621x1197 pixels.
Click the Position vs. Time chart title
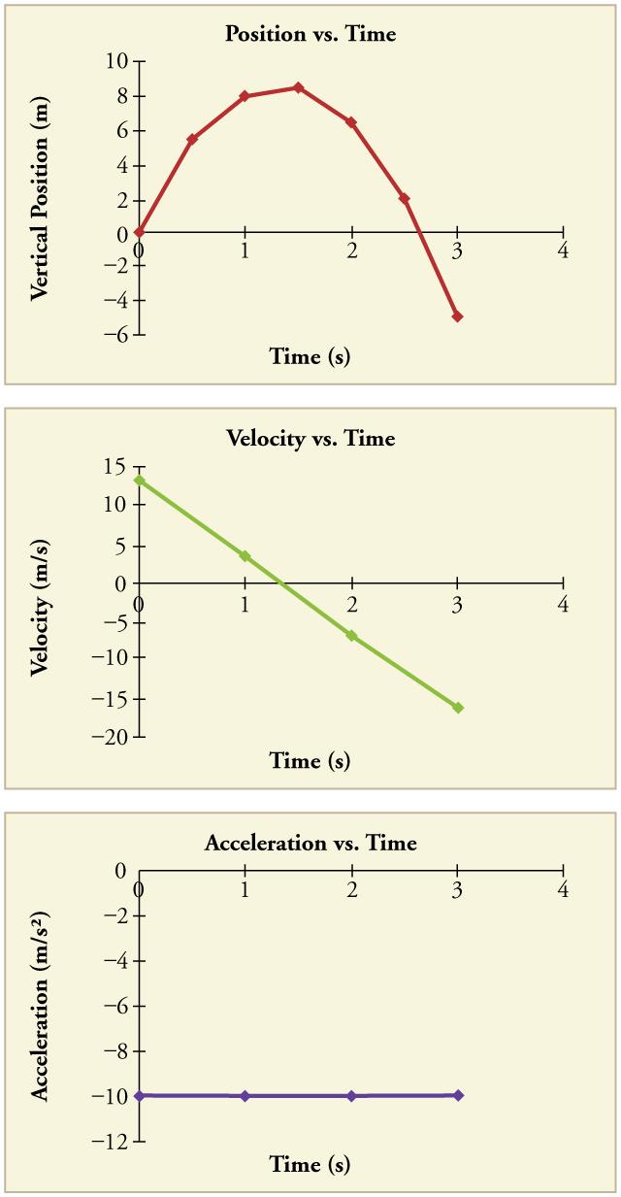coord(310,34)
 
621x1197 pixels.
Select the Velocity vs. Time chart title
coord(310,439)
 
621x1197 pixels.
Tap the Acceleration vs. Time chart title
coord(310,843)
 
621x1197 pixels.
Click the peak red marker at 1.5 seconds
coord(298,87)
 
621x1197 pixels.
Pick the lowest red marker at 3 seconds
coord(457,316)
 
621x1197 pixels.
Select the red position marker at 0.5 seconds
coord(192,139)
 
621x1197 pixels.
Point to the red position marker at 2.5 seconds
coord(404,198)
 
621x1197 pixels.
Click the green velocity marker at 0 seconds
coord(140,480)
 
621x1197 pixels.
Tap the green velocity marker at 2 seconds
coord(351,636)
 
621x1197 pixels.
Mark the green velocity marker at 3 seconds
coord(457,708)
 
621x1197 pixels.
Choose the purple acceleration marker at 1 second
coord(245,1096)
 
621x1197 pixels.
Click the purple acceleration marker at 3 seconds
coord(457,1095)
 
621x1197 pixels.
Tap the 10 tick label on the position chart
coord(116,61)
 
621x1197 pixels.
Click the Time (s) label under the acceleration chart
coord(310,1164)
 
